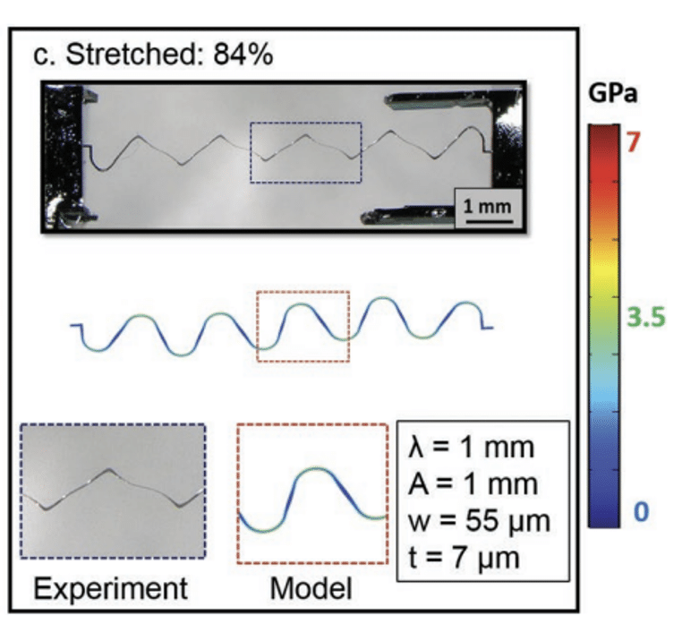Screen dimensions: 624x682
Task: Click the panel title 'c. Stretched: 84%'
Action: [x=153, y=55]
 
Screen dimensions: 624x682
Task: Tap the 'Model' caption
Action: [x=310, y=588]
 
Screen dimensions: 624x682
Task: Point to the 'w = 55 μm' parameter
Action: [x=479, y=522]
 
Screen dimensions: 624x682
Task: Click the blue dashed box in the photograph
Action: [x=304, y=153]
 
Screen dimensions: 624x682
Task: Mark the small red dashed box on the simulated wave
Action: [x=303, y=326]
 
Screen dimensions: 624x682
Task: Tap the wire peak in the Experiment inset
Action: [x=109, y=471]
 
